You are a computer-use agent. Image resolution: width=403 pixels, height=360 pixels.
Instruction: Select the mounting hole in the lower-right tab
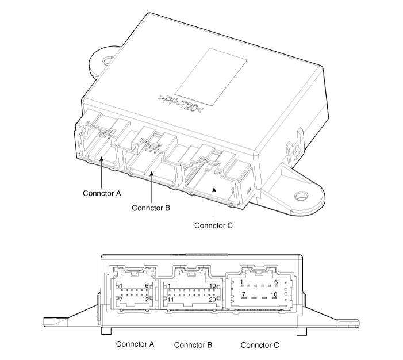click(x=301, y=197)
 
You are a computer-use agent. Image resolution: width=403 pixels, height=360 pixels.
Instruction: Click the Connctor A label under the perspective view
click(x=101, y=194)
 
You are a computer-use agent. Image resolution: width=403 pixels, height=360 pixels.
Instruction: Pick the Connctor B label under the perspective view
click(x=151, y=208)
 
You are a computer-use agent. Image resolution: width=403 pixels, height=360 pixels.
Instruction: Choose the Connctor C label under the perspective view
click(x=213, y=225)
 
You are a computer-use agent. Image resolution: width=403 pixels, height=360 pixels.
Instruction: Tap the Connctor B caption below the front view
click(x=193, y=345)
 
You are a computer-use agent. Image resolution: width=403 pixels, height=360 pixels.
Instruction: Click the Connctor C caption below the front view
click(x=260, y=345)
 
